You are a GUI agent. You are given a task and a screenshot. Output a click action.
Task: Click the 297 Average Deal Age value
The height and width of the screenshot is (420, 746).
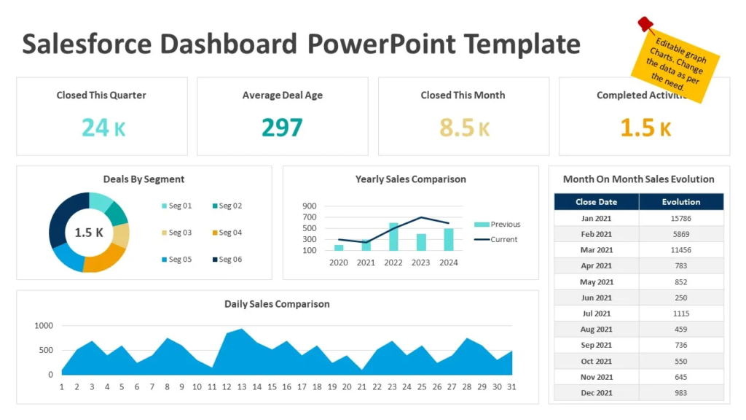[x=282, y=128]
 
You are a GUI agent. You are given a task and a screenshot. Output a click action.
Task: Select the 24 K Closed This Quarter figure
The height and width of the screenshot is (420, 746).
[x=103, y=128]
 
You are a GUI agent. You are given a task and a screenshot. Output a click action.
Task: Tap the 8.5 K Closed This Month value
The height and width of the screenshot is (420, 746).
[x=464, y=128]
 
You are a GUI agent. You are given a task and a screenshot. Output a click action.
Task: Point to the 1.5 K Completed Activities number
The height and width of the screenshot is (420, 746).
[x=645, y=128]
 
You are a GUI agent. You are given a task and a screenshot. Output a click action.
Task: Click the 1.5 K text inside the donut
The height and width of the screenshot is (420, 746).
[x=89, y=233]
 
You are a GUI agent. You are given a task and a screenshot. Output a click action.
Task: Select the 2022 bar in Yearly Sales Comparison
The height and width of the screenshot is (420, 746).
[x=393, y=237]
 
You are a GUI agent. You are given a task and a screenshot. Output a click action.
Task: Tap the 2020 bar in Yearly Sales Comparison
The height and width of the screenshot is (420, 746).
[x=339, y=248]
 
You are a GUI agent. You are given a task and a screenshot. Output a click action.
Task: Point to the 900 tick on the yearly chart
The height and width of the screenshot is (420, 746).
[x=309, y=206]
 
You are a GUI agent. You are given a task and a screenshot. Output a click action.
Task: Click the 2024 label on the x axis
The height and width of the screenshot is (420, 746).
[x=449, y=262]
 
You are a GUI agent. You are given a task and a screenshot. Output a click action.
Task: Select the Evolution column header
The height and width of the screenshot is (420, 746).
[x=681, y=202]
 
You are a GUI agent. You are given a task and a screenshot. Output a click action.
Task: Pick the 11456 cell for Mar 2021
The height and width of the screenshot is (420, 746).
[x=681, y=250]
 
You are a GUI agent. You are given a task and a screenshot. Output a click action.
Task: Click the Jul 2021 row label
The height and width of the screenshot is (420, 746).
[x=596, y=314]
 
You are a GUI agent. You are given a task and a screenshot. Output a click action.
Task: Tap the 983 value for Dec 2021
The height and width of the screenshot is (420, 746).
[x=681, y=393]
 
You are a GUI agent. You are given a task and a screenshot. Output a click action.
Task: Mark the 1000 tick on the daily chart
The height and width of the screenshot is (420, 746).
[x=44, y=326]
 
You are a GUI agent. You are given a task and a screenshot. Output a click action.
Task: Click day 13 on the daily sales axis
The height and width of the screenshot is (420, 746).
[x=242, y=387]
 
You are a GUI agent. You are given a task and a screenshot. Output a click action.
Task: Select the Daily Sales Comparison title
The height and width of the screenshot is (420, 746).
[x=277, y=304]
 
